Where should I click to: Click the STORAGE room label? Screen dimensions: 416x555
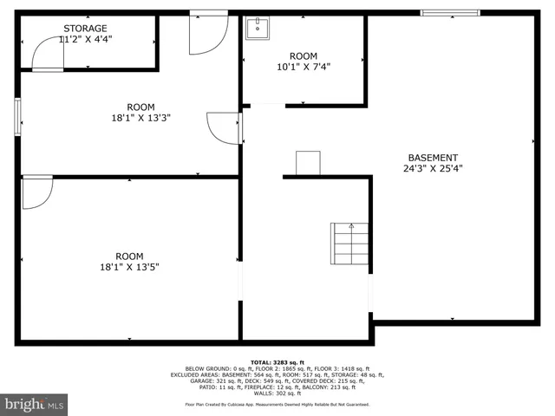[x=85, y=29]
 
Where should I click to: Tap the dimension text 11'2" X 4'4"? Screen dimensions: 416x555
[x=85, y=39]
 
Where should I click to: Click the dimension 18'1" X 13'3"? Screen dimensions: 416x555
[x=140, y=119]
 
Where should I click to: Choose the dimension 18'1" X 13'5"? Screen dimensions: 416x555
[x=129, y=267]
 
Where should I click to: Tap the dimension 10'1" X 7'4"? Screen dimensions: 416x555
[x=304, y=67]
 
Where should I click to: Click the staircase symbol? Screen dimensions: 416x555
[x=349, y=244]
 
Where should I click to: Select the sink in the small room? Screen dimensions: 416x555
[x=257, y=29]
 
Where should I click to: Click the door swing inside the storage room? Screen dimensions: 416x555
[x=49, y=55]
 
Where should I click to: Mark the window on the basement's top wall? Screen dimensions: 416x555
[x=449, y=12]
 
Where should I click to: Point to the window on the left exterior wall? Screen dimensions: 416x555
[x=17, y=117]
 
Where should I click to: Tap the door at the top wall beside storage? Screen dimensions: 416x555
[x=209, y=31]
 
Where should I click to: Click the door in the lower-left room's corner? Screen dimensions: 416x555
[x=36, y=192]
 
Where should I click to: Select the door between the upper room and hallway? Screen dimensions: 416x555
[x=225, y=127]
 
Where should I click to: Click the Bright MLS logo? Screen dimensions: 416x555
[x=34, y=404]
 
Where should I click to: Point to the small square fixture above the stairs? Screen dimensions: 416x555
[x=308, y=163]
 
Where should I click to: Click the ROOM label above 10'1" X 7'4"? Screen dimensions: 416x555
[x=304, y=55]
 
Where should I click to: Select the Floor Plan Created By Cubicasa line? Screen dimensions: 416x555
[x=277, y=404]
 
